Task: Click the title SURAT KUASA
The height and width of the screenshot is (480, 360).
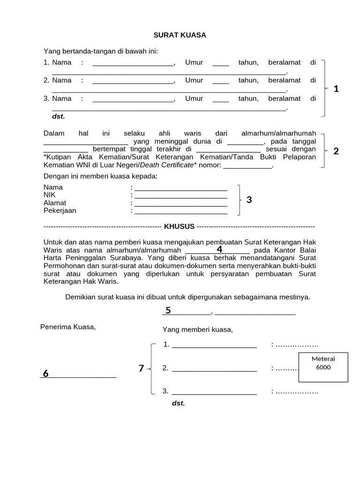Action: [x=180, y=35]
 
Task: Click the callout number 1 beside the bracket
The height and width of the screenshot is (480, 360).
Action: [x=336, y=89]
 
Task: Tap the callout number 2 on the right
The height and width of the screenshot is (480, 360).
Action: [x=336, y=151]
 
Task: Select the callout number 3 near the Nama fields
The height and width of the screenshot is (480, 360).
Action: [x=249, y=200]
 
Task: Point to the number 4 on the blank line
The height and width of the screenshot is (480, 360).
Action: [x=219, y=249]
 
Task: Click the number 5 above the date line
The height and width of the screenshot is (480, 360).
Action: [x=168, y=310]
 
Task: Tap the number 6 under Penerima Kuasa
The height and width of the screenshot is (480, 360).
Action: [x=45, y=374]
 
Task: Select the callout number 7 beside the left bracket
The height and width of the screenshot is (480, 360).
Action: [x=141, y=368]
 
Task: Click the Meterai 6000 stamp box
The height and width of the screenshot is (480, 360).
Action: [x=323, y=366]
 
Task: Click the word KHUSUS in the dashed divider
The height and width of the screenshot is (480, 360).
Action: [x=179, y=226]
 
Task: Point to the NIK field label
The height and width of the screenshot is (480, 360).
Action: [x=49, y=195]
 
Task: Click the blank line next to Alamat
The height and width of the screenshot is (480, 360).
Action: [x=181, y=203]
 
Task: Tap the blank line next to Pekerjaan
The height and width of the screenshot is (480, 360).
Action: [x=181, y=211]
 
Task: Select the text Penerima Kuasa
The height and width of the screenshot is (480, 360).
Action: [x=68, y=327]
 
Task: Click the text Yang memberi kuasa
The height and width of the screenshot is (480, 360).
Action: [x=197, y=330]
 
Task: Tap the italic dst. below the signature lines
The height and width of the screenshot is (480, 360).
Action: [x=179, y=403]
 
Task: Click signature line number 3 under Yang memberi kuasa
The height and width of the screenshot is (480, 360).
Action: [x=214, y=391]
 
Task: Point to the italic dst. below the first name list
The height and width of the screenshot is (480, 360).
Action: [x=59, y=116]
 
